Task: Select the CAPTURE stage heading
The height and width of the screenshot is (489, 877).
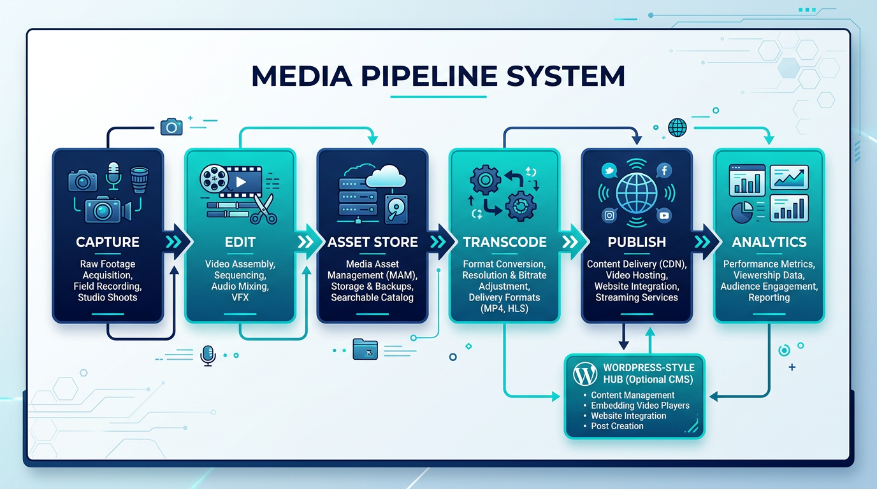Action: click(107, 242)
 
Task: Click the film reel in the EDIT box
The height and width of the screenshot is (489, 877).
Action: click(213, 179)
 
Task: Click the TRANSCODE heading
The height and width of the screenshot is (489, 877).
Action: click(505, 242)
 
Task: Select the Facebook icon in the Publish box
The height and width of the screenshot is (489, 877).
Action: click(663, 171)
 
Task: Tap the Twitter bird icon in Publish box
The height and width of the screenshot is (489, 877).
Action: click(609, 171)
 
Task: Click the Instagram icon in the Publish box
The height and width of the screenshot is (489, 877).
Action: click(609, 216)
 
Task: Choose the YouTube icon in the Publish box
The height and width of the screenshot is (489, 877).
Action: click(664, 216)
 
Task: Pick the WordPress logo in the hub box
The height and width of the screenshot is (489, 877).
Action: click(585, 374)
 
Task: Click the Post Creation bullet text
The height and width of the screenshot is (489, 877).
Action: click(617, 426)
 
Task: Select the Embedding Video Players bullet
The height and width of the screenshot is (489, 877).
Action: click(640, 406)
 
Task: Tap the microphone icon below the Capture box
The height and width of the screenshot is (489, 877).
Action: click(208, 355)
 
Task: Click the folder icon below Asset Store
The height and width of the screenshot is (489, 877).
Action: click(365, 349)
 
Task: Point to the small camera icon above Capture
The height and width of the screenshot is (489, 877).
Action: click(171, 127)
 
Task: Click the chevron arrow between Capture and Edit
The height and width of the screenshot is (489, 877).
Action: click(173, 242)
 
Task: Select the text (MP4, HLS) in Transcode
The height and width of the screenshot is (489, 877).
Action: click(504, 308)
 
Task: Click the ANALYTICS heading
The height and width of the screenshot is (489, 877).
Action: click(769, 242)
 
